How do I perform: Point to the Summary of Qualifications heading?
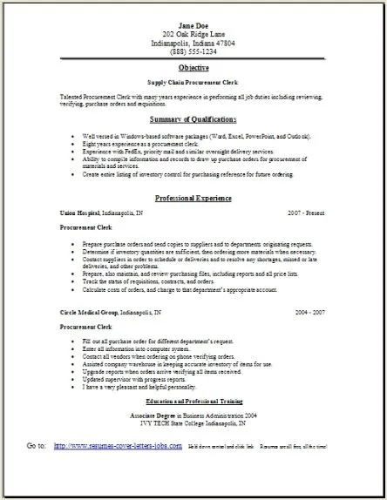click(x=193, y=118)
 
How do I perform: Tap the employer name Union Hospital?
click(x=79, y=213)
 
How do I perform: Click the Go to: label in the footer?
click(x=37, y=471)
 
